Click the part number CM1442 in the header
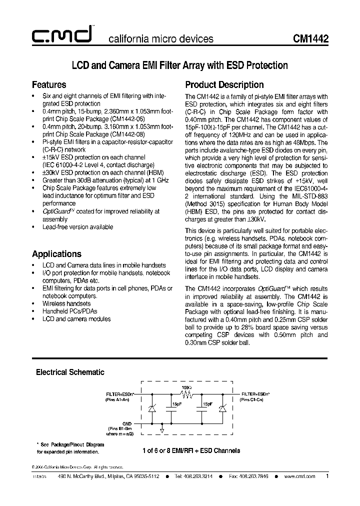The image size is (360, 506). pyautogui.click(x=310, y=38)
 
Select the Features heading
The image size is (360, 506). pyautogui.click(x=49, y=84)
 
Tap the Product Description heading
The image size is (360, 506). pyautogui.click(x=224, y=84)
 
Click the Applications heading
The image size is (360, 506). pyautogui.click(x=56, y=253)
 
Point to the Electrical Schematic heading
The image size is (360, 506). pyautogui.click(x=70, y=372)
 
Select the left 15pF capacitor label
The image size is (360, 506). pyautogui.click(x=176, y=403)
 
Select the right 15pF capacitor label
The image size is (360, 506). pyautogui.click(x=207, y=403)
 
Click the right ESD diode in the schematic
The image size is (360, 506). pyautogui.click(x=223, y=409)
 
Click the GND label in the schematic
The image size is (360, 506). pyautogui.click(x=127, y=422)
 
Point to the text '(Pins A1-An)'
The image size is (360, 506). pyautogui.click(x=117, y=400)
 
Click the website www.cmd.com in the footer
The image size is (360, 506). pyautogui.click(x=300, y=476)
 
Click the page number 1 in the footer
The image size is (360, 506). pyautogui.click(x=327, y=476)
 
